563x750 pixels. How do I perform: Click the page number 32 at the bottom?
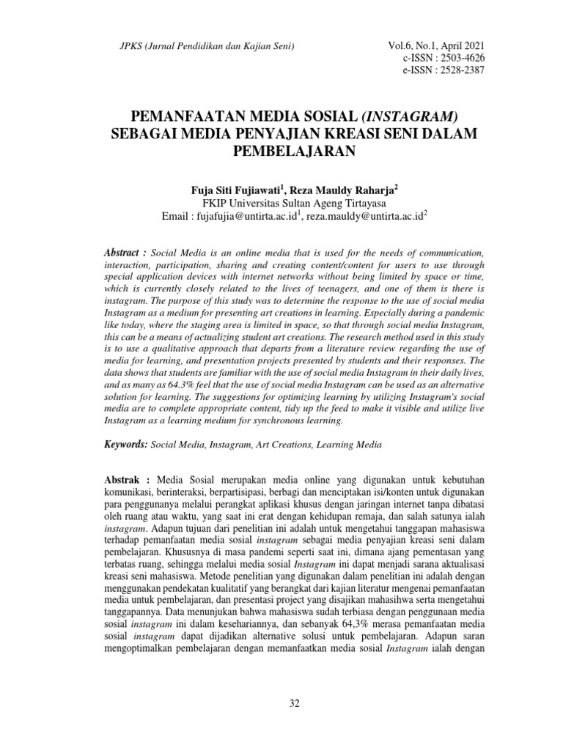pyautogui.click(x=295, y=704)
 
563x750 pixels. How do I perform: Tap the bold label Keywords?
pyautogui.click(x=126, y=445)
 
